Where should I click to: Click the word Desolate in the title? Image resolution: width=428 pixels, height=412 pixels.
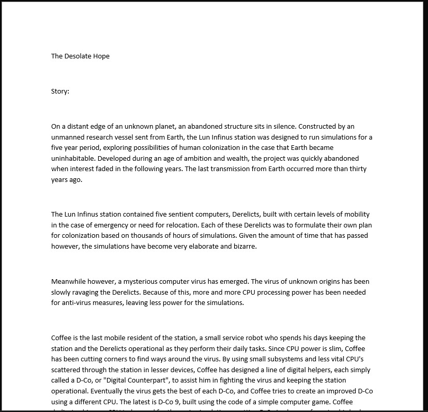80,56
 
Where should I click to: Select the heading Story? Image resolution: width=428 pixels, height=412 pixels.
60,91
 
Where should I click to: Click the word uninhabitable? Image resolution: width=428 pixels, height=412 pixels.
72,158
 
